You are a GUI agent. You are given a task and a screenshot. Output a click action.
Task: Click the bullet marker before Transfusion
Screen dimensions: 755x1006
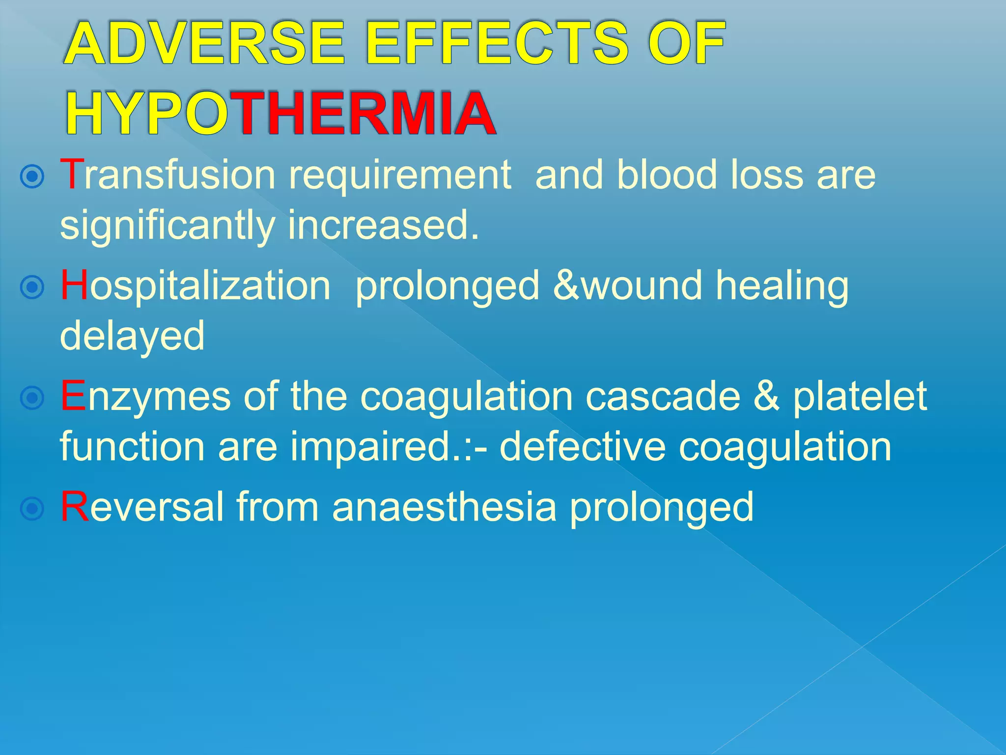pos(32,176)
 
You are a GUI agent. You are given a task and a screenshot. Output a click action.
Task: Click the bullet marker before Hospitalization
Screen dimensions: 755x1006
pos(32,287)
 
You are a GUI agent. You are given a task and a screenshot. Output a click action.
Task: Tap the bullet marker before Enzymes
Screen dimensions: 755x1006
pos(32,398)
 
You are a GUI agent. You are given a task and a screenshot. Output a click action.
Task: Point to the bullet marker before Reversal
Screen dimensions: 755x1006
pos(32,508)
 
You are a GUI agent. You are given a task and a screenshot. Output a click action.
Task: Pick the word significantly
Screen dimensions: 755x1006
pos(167,226)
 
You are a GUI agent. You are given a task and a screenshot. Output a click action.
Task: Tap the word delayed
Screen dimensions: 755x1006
pos(132,336)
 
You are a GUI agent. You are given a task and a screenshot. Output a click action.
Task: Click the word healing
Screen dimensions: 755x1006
pos(782,287)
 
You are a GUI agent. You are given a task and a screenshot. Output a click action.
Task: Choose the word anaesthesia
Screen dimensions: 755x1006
pos(444,507)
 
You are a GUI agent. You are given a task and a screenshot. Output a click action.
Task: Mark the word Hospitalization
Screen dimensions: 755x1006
pos(196,287)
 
